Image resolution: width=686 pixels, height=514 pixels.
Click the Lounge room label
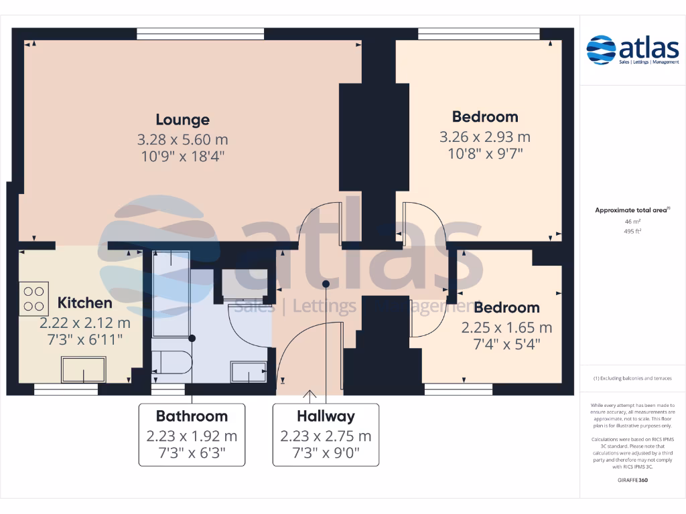[182, 120]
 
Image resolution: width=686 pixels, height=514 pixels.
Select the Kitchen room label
[84, 303]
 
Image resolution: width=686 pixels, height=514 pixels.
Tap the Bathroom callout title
[192, 416]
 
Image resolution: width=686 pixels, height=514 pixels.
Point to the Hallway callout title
[326, 416]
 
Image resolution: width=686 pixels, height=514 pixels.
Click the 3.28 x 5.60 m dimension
[182, 140]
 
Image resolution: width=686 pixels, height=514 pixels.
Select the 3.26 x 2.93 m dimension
[485, 137]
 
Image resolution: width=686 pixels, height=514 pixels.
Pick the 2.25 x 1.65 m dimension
[506, 328]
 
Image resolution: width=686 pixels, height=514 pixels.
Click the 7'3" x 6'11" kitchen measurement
[84, 340]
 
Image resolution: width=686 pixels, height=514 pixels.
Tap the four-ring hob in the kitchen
[35, 299]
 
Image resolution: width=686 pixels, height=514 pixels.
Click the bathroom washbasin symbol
[247, 371]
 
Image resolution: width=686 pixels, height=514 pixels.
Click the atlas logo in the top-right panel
[632, 50]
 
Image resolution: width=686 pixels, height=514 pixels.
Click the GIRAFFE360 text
[632, 480]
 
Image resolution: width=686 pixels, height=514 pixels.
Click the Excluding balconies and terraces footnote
[632, 378]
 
